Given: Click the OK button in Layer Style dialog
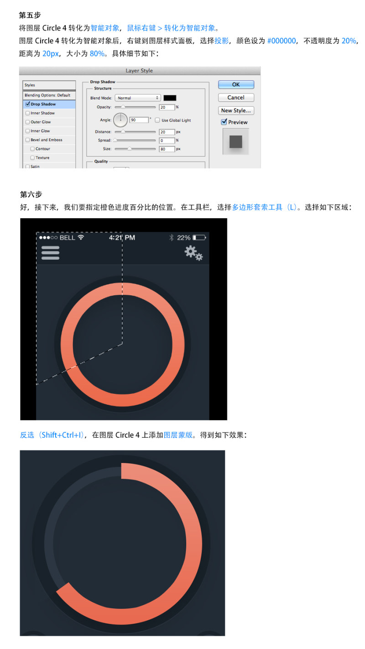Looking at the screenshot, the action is (x=236, y=84).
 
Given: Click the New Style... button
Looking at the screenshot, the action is (x=236, y=110).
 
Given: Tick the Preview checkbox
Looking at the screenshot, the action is (x=224, y=122).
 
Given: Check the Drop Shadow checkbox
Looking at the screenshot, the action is (x=28, y=104).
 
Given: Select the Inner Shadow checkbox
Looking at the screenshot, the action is (x=28, y=113).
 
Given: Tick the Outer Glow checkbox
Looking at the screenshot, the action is (x=28, y=122).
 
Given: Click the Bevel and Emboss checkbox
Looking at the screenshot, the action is (x=28, y=140).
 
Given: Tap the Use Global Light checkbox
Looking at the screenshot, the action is (x=157, y=120).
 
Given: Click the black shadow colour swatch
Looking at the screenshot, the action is (x=170, y=98).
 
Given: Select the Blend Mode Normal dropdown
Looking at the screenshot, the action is (x=138, y=98).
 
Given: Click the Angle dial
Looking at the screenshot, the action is (x=120, y=120).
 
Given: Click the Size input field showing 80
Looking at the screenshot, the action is (x=167, y=149).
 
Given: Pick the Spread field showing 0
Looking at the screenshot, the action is (x=167, y=141).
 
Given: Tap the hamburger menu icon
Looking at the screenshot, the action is (x=50, y=253).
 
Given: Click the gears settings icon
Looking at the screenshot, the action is (x=194, y=253).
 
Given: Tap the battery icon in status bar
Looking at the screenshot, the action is (x=199, y=238).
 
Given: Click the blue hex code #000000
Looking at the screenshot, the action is (x=282, y=41).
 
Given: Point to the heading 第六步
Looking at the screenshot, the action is (x=31, y=194).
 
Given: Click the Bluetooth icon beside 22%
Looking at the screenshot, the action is (x=172, y=238).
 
